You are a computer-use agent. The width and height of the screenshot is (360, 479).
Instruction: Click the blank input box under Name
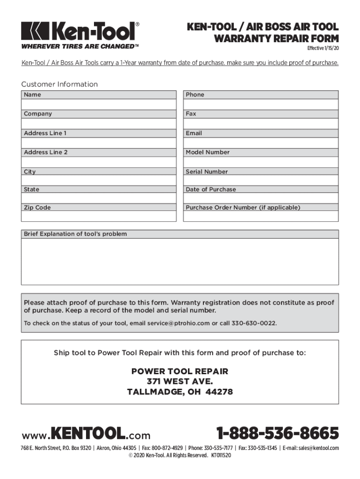coord(99,104)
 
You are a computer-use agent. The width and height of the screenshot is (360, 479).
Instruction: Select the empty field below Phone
coord(261,104)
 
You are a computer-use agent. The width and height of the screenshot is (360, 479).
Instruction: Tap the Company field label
coord(38,114)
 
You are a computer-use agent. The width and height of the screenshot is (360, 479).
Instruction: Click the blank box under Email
coord(261,143)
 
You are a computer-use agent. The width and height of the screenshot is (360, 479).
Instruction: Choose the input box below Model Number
coord(261,162)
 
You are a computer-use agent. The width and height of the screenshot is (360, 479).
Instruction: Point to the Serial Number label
coord(207,172)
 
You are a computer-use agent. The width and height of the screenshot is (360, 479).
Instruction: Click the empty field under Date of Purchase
coord(261,198)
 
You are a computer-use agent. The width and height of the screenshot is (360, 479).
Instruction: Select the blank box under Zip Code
coord(99,217)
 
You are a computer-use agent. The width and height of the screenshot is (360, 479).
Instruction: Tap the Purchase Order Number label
coord(243,207)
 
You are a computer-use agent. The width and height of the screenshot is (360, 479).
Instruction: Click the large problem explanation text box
coord(180,261)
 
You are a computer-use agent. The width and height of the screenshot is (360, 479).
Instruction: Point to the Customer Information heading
coord(59,84)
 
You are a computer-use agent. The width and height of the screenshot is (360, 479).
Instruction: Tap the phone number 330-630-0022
coord(255,323)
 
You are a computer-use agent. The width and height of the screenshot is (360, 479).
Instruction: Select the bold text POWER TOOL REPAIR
coord(180,371)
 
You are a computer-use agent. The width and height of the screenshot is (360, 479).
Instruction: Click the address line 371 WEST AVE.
coord(180,381)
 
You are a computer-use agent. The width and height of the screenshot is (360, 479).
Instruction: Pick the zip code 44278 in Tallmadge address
coord(220,392)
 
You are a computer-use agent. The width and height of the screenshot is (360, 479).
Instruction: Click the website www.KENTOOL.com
coord(86,435)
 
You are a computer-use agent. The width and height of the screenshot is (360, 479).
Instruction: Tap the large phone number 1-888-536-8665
coord(277,434)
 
